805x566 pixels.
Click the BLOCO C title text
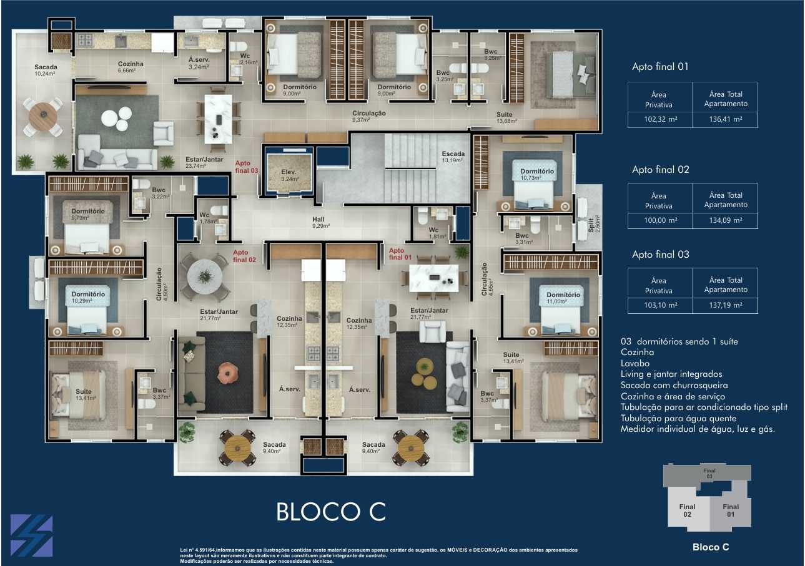coord(331,512)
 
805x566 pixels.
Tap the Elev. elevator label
coord(288,175)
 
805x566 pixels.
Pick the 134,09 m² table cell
coord(725,220)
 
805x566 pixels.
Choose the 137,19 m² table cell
coord(725,305)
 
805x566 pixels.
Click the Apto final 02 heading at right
coord(660,170)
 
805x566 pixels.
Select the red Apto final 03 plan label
coord(246,167)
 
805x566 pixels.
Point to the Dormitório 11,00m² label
coord(563,298)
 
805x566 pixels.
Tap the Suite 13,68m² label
coord(506,117)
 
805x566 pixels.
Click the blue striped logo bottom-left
coord(31,535)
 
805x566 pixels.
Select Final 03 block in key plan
coord(708,473)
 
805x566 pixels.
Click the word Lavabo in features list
coord(635,363)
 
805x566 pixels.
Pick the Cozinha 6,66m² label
coord(131,67)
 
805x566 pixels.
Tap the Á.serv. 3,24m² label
coord(199,63)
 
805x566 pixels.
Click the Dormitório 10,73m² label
coord(536,174)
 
